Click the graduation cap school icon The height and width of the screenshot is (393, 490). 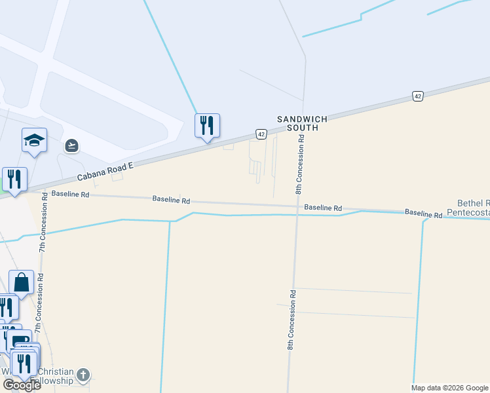[x=34, y=140]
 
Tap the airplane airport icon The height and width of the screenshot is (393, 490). [x=71, y=145]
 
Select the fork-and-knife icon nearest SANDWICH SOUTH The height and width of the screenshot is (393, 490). [x=207, y=125]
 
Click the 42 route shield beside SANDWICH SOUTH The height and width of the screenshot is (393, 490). [x=261, y=134]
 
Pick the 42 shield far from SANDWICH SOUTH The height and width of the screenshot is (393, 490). [x=417, y=96]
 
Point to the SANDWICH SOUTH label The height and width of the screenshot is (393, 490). [x=297, y=123]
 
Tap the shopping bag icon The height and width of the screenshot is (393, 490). [x=21, y=282]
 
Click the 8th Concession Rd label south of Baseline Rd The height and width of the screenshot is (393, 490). [x=291, y=319]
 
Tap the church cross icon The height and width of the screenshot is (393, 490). [x=83, y=375]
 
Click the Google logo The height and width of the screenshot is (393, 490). [x=21, y=385]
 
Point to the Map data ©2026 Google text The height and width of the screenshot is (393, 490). [x=449, y=388]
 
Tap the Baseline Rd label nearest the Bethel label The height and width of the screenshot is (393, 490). [x=423, y=213]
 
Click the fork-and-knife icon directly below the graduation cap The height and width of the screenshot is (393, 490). [x=14, y=179]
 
